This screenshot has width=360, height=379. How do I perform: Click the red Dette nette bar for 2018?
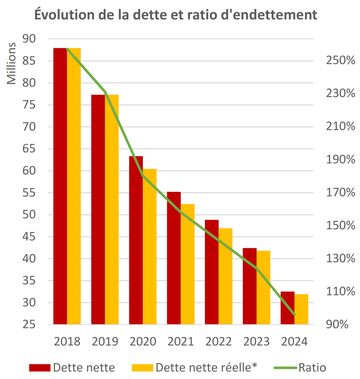coord(60,186)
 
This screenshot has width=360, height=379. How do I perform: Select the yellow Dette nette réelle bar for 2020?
coord(150,247)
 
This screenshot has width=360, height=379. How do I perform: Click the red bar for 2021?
coord(174,258)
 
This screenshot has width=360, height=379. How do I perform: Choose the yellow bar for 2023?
coord(263,287)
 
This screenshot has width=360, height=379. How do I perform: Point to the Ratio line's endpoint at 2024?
coord(295,315)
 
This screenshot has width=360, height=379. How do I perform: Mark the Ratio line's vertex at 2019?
coord(106,92)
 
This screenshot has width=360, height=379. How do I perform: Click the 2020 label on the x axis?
coord(143,341)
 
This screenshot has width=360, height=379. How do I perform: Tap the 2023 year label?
coord(257,341)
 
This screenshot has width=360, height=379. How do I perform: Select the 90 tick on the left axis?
coord(29,39)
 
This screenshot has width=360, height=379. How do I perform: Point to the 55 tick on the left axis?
coord(29,193)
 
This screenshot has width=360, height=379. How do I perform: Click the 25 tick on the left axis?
coord(29,324)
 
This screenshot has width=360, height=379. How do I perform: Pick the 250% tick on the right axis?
coord(340,60)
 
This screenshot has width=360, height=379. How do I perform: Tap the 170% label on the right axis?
coord(340,192)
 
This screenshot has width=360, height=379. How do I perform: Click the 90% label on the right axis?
coord(337,324)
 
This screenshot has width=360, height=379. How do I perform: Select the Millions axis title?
coord(11,64)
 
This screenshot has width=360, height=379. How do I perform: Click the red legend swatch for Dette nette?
coord(40,368)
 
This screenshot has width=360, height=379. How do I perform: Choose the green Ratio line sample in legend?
coord(285,368)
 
